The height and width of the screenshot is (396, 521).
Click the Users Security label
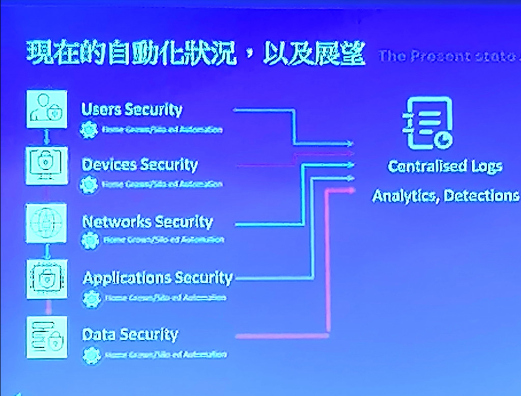coord(131,109)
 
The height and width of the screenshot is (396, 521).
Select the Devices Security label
coord(139,165)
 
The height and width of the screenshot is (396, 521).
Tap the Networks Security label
coord(147,222)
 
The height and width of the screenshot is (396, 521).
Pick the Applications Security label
coord(157,278)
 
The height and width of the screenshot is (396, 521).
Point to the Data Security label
coord(130,334)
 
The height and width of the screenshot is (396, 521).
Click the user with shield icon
coord(46,109)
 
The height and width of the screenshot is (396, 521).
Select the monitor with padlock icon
coord(46,165)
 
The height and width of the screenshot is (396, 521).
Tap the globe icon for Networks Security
coord(46,222)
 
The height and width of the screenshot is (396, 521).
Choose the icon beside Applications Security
coord(46,279)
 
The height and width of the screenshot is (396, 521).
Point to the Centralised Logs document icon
coord(428,123)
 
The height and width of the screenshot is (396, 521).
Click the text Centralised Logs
coord(445,166)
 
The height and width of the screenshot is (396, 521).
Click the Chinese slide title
coord(195,54)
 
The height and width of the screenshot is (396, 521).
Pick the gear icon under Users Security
coord(89,129)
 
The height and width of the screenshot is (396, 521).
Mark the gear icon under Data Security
coord(91,354)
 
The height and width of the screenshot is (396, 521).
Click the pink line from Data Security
coord(282,336)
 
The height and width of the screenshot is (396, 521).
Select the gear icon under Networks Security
coord(91,239)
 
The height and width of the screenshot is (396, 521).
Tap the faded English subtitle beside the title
coord(448,56)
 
